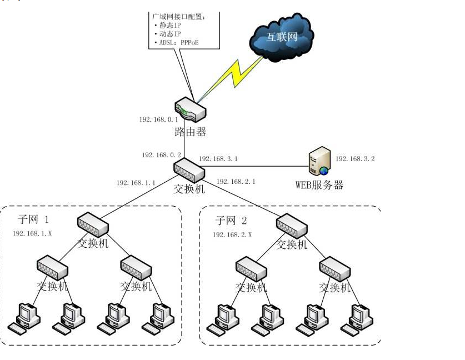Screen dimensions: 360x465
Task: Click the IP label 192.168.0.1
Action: point(158,119)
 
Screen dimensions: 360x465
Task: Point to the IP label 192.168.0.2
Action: point(161,155)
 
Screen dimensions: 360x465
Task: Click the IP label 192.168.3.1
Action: point(218,159)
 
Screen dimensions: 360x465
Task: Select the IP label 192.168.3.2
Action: point(356,159)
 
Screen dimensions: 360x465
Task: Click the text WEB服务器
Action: point(319,185)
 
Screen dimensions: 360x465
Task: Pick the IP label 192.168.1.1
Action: point(136,182)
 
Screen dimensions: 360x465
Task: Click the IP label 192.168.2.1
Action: point(236,181)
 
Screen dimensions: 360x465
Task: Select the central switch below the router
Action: point(189,168)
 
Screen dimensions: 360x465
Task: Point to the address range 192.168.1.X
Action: point(32,234)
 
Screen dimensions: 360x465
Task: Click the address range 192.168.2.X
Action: point(232,234)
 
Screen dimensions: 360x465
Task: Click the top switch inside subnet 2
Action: point(292,225)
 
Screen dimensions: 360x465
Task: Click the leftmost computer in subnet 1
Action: point(25,318)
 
